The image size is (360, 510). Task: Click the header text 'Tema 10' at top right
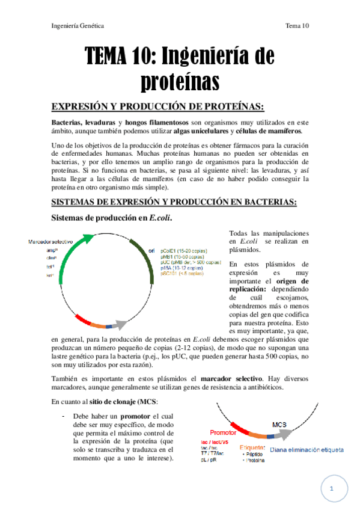coord(297,26)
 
